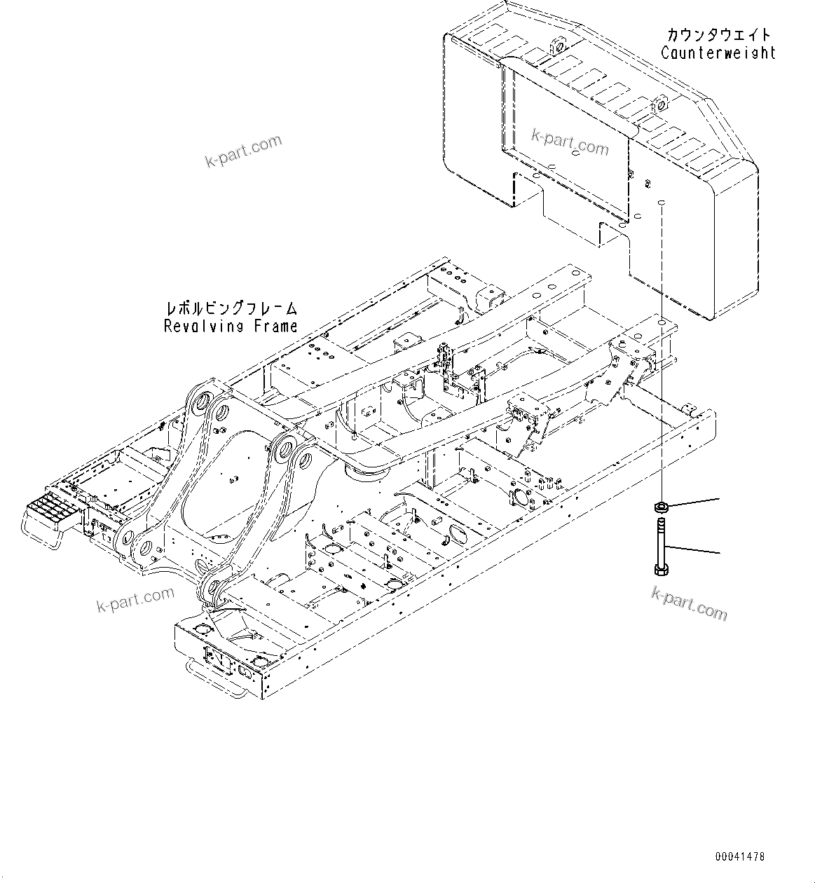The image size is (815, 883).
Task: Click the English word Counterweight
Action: (718, 53)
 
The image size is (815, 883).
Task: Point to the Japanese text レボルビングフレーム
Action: (231, 308)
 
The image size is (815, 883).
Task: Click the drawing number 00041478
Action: (740, 856)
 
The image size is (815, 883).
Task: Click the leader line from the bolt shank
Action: (694, 549)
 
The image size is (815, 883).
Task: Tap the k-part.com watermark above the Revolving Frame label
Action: (243, 151)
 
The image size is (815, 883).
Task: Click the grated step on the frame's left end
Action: (51, 507)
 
